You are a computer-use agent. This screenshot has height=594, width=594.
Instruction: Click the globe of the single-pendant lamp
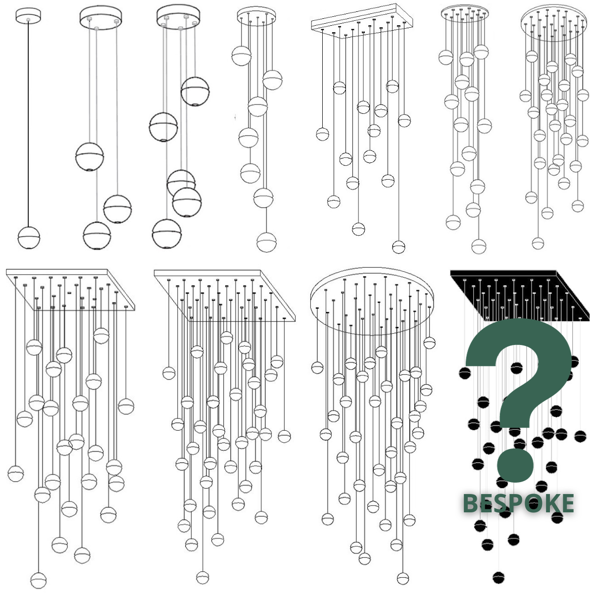point(29,238)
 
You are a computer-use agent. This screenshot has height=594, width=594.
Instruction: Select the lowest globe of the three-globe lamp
point(97,236)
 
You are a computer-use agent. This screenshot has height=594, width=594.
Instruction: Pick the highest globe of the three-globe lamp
point(90,156)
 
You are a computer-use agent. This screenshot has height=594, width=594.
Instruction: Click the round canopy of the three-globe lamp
point(101,17)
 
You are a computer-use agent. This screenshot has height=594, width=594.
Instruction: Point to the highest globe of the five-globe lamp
point(195,91)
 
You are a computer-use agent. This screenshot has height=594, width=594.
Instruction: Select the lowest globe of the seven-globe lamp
point(266,242)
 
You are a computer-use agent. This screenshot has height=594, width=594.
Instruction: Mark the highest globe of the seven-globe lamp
point(242,56)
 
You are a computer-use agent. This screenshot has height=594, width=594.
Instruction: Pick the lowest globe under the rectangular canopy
point(398,247)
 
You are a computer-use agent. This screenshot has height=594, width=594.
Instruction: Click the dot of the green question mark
point(515,466)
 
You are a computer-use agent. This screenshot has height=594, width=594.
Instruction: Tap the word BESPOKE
point(518,503)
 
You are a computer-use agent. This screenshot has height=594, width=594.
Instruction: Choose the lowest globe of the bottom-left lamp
point(39,581)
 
